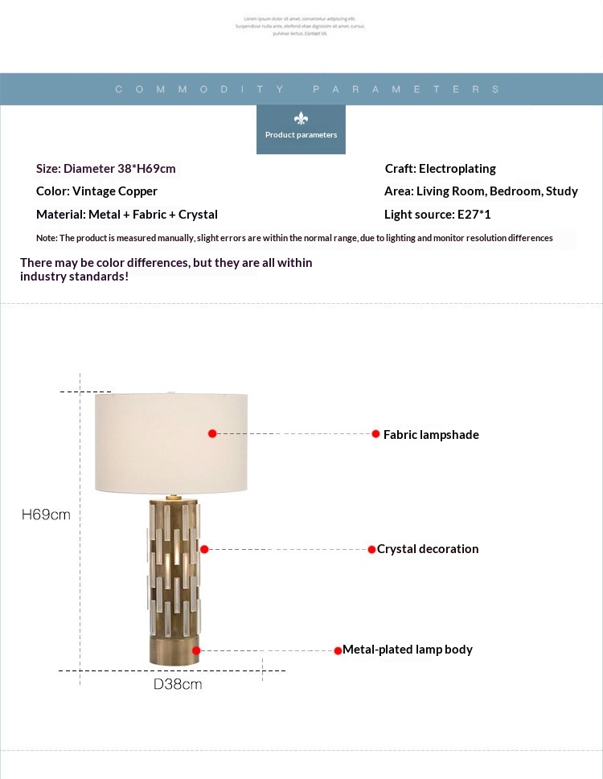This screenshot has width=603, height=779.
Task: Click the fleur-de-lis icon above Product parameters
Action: coord(301,118)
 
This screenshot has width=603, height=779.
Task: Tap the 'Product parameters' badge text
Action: coord(301,135)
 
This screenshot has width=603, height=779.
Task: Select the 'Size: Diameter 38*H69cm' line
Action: coord(106,169)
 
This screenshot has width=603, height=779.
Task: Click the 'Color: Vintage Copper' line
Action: coord(96,191)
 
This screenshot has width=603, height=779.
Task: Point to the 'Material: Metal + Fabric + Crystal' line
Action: coord(127,215)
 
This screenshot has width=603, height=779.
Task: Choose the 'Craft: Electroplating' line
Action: coord(441,169)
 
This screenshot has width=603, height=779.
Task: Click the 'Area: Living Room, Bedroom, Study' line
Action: coord(481,191)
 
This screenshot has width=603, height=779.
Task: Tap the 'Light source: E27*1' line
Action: coord(437,215)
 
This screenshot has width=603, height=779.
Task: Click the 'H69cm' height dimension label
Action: coord(46,515)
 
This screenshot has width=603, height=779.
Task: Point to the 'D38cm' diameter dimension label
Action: coord(178,685)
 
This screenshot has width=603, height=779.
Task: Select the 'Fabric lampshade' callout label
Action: coord(431,435)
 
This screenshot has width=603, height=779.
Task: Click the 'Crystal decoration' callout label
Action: coord(428,549)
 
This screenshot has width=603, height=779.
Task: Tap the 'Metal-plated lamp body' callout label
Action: coord(408,650)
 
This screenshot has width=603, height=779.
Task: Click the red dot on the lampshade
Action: coord(212,433)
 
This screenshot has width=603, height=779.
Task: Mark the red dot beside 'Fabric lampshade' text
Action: coord(375,434)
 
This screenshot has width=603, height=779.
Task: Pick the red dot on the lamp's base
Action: coord(196,650)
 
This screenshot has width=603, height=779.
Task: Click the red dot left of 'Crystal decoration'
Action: coord(371,550)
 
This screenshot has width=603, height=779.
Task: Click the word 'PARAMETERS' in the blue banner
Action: coord(406,89)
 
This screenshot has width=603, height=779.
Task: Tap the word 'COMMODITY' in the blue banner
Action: coord(200,89)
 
